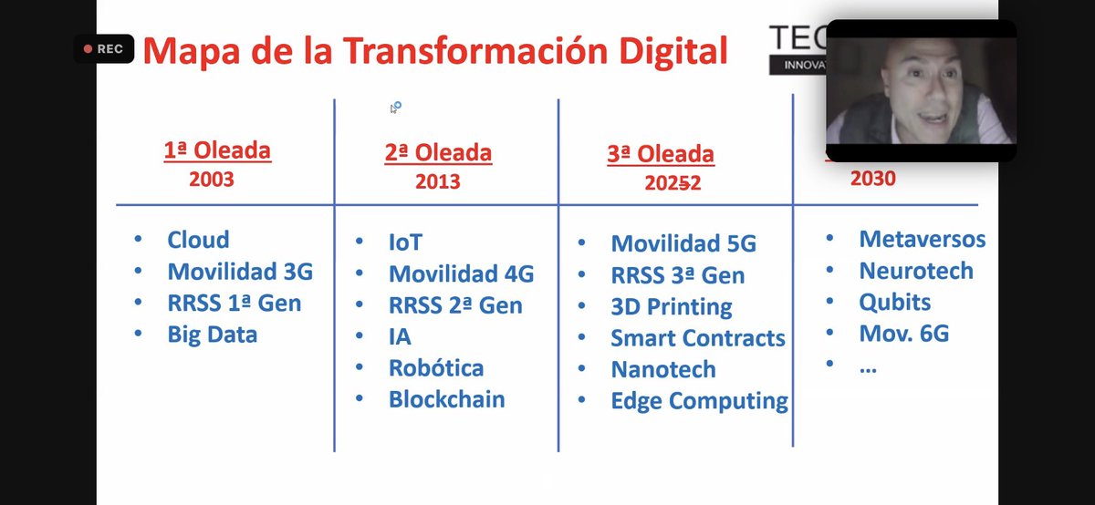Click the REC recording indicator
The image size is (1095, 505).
tap(104, 48)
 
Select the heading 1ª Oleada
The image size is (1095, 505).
tap(217, 150)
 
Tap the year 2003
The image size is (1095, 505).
tap(212, 179)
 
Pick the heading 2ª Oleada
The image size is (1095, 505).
tap(438, 153)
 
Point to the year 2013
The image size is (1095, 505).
tap(437, 181)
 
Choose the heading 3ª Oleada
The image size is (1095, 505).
tap(661, 155)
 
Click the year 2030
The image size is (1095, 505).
tap(872, 179)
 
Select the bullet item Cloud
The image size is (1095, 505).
tap(198, 240)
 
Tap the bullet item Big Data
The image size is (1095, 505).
tap(213, 335)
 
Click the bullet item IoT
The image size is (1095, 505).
tap(406, 242)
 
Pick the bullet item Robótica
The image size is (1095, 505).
tap(436, 368)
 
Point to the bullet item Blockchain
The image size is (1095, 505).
tap(446, 399)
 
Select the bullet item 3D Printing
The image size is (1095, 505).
tap(672, 307)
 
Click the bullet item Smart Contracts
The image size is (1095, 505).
tap(698, 338)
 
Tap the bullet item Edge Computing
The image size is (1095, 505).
tap(700, 401)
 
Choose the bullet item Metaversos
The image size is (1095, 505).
tap(923, 240)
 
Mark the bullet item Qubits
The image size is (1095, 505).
tap(894, 303)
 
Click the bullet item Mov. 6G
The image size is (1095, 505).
tap(904, 334)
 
